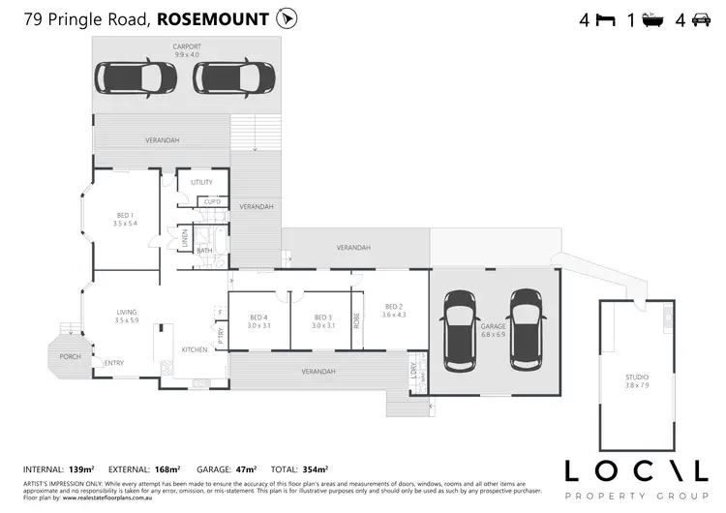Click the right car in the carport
pyautogui.click(x=238, y=76)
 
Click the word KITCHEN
pyautogui.click(x=195, y=348)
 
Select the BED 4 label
pyautogui.click(x=257, y=318)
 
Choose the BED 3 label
pyautogui.click(x=323, y=318)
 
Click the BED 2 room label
pyautogui.click(x=392, y=309)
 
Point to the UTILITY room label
pyautogui.click(x=201, y=182)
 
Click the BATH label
pyautogui.click(x=204, y=251)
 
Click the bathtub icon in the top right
pyautogui.click(x=652, y=19)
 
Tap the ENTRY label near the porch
pyautogui.click(x=114, y=363)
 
